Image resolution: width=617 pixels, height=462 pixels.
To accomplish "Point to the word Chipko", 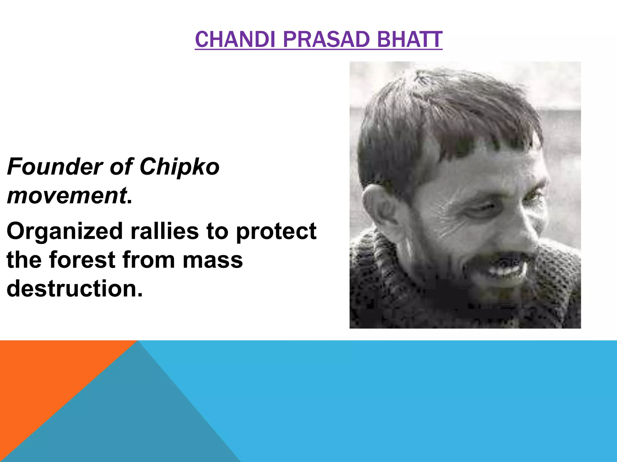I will (180, 167).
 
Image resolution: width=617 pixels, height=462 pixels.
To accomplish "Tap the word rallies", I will (164, 231).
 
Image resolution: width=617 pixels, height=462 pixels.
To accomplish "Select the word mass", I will (213, 260).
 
